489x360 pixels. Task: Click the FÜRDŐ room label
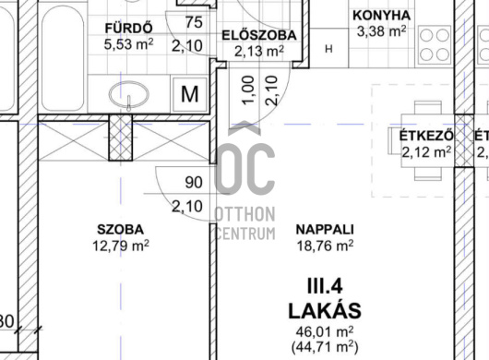point(129,28)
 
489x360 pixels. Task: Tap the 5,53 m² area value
point(128,44)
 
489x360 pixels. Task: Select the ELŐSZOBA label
point(259,35)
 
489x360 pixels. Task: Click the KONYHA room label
point(381,16)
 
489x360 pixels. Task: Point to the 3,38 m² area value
point(381,31)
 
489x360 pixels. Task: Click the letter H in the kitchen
point(328,49)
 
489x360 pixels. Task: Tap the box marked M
point(190,94)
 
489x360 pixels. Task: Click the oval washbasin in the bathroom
point(129,94)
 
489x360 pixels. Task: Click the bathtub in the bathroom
point(63,58)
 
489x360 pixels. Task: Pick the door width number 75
point(194,22)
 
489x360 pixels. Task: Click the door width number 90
point(194,182)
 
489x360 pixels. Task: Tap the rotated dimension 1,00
point(248,90)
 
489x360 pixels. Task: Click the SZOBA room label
point(120,230)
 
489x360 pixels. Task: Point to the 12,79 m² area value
point(121,246)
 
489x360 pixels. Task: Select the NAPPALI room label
point(325,230)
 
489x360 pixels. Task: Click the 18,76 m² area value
point(325,246)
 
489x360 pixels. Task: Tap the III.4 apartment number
point(325,286)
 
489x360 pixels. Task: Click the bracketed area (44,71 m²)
point(325,346)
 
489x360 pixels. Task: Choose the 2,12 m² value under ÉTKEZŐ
point(426,152)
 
